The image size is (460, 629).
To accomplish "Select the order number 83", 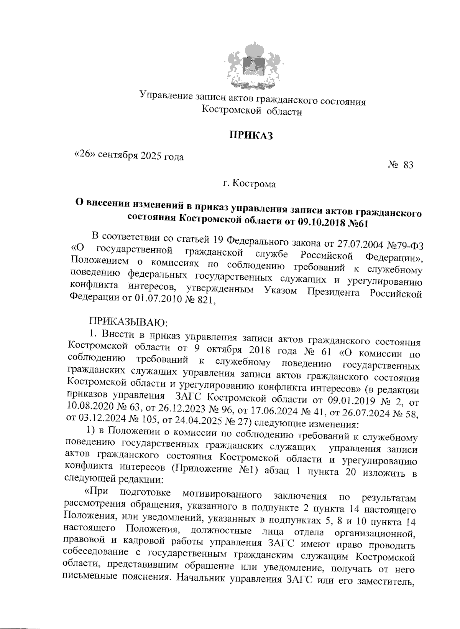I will coord(408,165).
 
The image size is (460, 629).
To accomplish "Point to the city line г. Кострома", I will coord(250,184).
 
